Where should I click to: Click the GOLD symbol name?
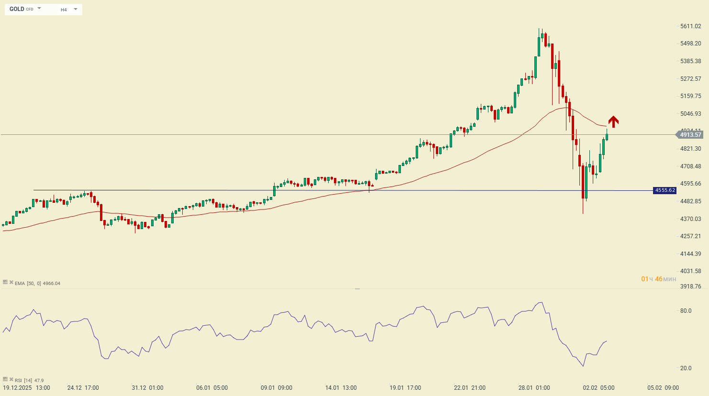coord(17,9)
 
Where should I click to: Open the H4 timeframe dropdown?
coord(69,10)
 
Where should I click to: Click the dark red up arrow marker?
coord(613,121)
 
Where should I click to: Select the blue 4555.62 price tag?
coord(665,190)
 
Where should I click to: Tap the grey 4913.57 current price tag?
coord(690,135)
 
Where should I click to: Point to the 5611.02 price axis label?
coord(690,26)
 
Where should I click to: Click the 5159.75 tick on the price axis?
coord(690,96)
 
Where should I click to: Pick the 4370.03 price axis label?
coord(690,219)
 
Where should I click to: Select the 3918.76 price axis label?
coord(690,286)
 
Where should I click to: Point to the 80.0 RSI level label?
coord(686,311)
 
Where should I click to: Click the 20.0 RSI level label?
coord(686,368)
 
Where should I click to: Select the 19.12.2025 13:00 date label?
coord(27,388)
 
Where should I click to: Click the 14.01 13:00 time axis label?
coord(341,388)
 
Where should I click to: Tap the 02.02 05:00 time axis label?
coord(598,388)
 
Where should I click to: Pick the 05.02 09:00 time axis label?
coord(663,388)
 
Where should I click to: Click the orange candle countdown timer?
coord(659,279)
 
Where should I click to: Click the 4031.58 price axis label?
coord(690,271)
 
